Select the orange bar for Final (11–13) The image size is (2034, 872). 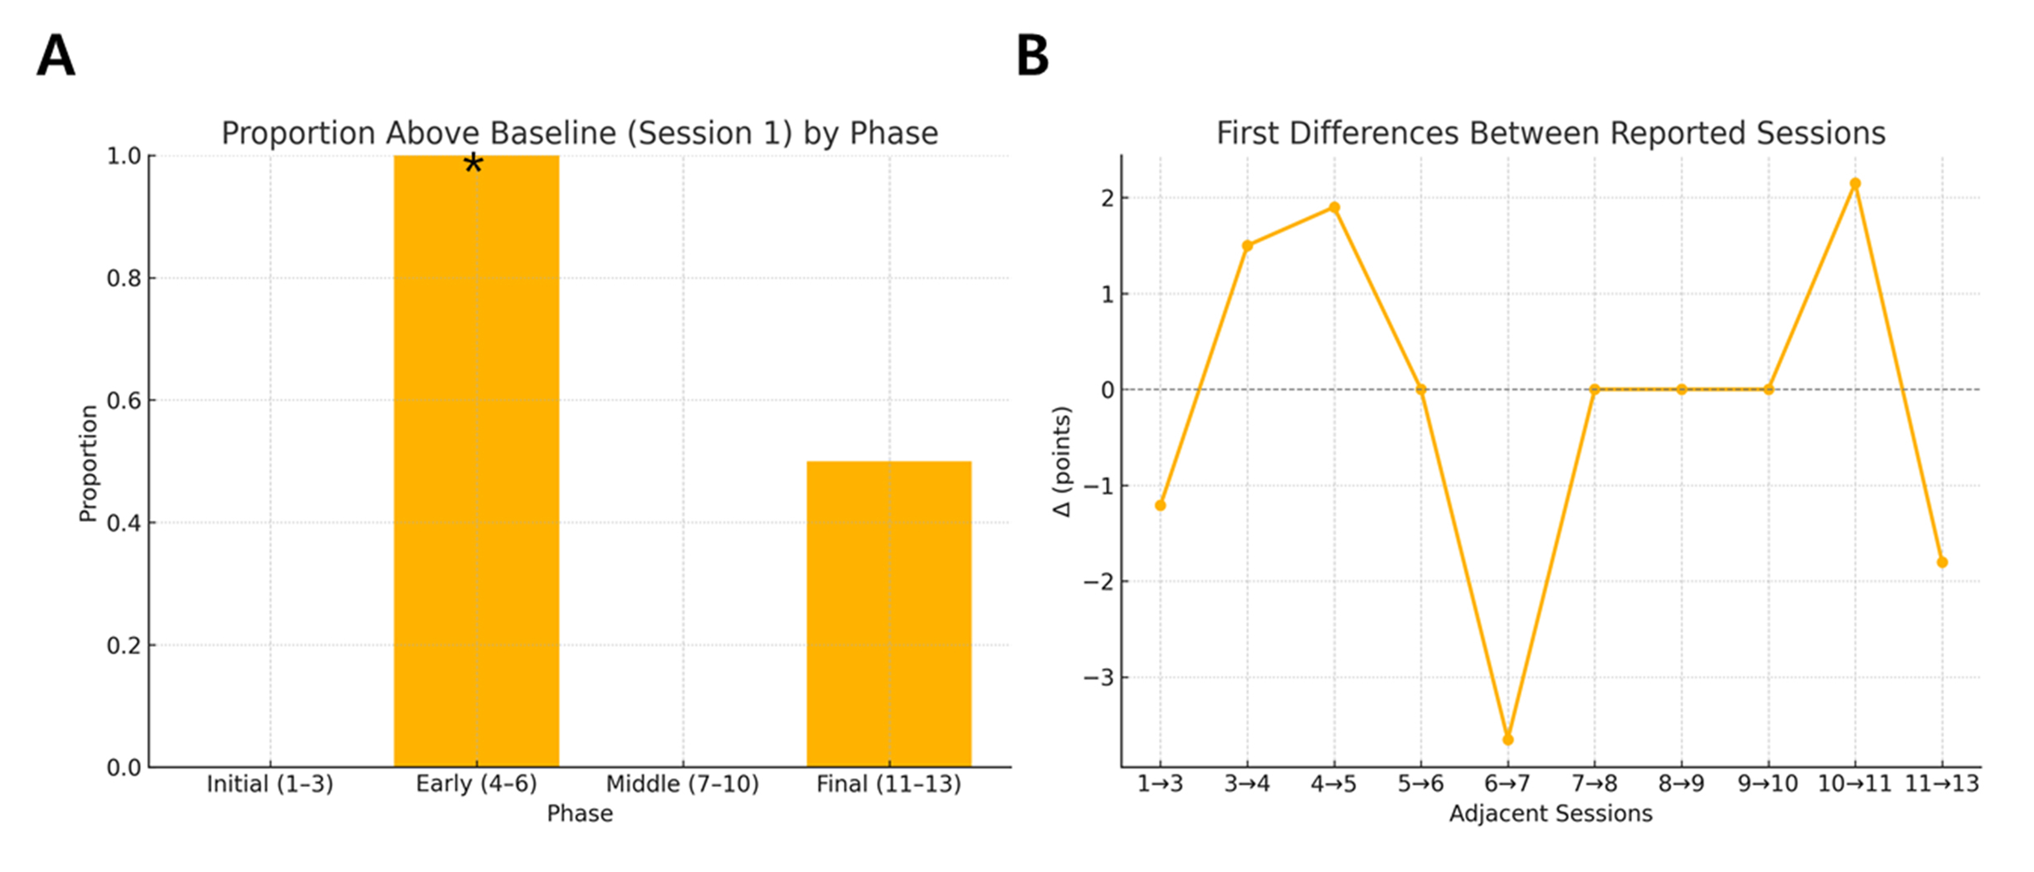tap(888, 614)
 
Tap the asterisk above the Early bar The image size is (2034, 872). tap(473, 164)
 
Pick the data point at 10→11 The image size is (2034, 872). tap(1855, 184)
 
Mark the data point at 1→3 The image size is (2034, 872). tap(1160, 505)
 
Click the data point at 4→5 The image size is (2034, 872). tap(1334, 207)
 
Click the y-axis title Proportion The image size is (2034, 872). tap(88, 463)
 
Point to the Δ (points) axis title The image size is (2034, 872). tap(1063, 462)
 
